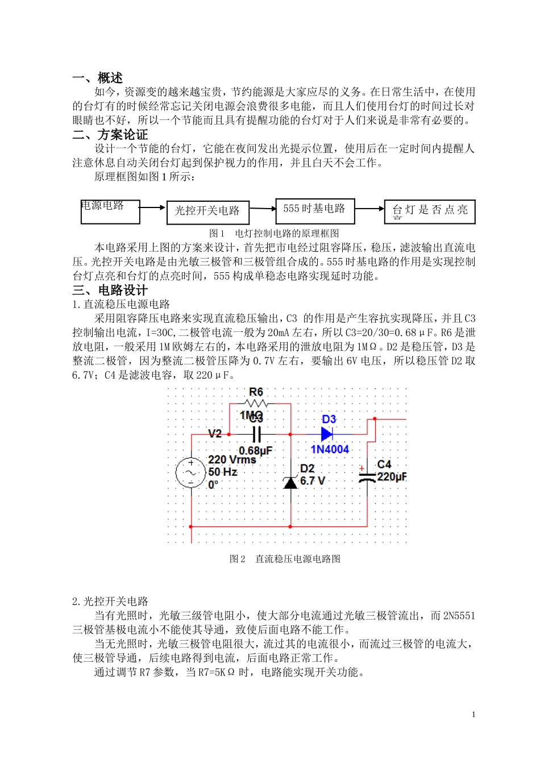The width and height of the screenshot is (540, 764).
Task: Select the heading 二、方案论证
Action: click(x=110, y=135)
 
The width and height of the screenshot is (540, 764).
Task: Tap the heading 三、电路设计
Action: click(x=110, y=290)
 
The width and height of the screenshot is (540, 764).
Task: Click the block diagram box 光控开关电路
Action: click(x=207, y=211)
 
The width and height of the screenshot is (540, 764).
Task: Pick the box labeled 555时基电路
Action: click(x=315, y=210)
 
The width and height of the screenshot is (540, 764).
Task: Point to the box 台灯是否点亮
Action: click(x=430, y=211)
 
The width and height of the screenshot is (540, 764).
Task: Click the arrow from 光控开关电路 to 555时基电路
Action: click(x=262, y=209)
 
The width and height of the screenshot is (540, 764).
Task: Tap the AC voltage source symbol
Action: click(x=190, y=472)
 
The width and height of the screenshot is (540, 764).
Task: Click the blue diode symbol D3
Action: click(x=327, y=434)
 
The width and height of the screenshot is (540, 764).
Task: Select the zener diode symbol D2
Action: click(x=290, y=483)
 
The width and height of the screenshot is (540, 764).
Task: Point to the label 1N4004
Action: click(x=330, y=450)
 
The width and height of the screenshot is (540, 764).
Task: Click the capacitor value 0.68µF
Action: click(x=255, y=451)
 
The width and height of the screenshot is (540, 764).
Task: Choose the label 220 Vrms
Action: click(x=232, y=459)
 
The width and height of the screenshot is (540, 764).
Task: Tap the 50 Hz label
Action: click(x=223, y=472)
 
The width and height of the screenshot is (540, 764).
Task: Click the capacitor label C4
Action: click(x=384, y=464)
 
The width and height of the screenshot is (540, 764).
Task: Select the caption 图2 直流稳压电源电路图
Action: click(x=285, y=559)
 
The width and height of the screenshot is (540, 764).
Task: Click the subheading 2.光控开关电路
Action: click(x=110, y=601)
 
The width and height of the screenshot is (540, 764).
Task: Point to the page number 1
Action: click(x=473, y=715)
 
